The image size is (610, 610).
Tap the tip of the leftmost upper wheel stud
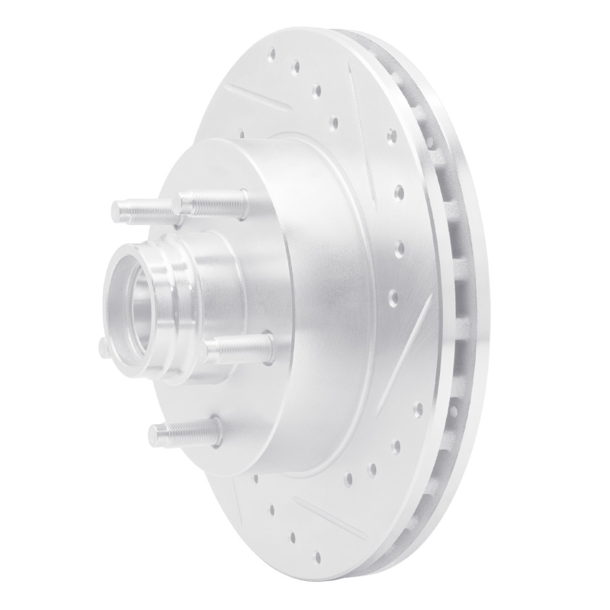pos(118,210)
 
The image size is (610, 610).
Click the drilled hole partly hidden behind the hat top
pos(242,134)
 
